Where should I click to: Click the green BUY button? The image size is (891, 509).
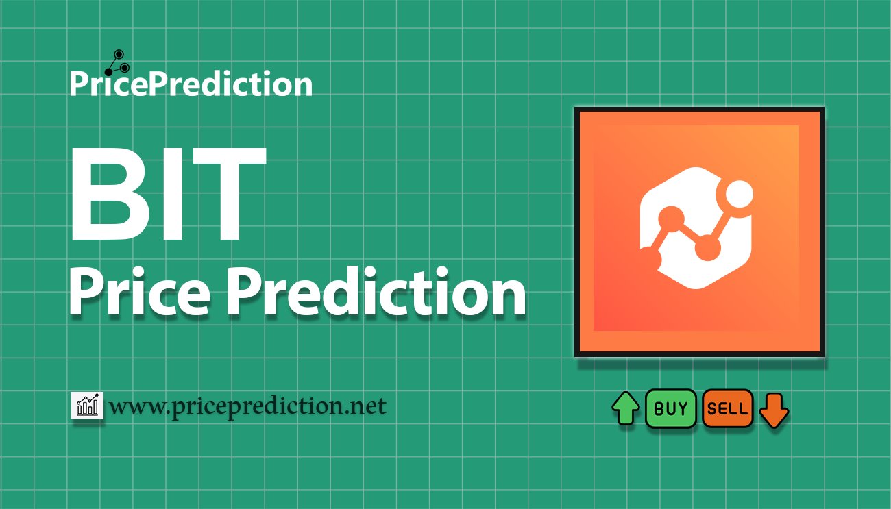(x=671, y=409)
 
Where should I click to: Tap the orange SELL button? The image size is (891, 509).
(x=728, y=409)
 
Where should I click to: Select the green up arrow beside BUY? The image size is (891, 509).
(x=626, y=409)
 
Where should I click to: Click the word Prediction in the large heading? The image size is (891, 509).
(x=376, y=294)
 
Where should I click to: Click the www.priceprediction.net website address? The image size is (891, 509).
(x=247, y=407)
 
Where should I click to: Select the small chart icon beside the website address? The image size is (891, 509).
(x=87, y=406)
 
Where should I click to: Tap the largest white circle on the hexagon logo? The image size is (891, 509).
(x=739, y=197)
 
